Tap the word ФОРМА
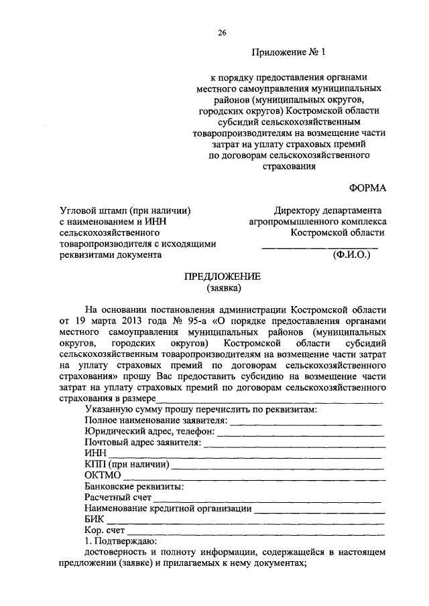click(x=367, y=189)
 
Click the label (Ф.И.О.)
click(x=351, y=255)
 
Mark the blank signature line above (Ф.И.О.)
click(x=319, y=247)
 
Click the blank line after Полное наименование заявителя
click(x=306, y=421)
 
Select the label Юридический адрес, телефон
click(x=149, y=432)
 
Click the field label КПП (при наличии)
click(x=127, y=464)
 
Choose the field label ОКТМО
click(x=103, y=475)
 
